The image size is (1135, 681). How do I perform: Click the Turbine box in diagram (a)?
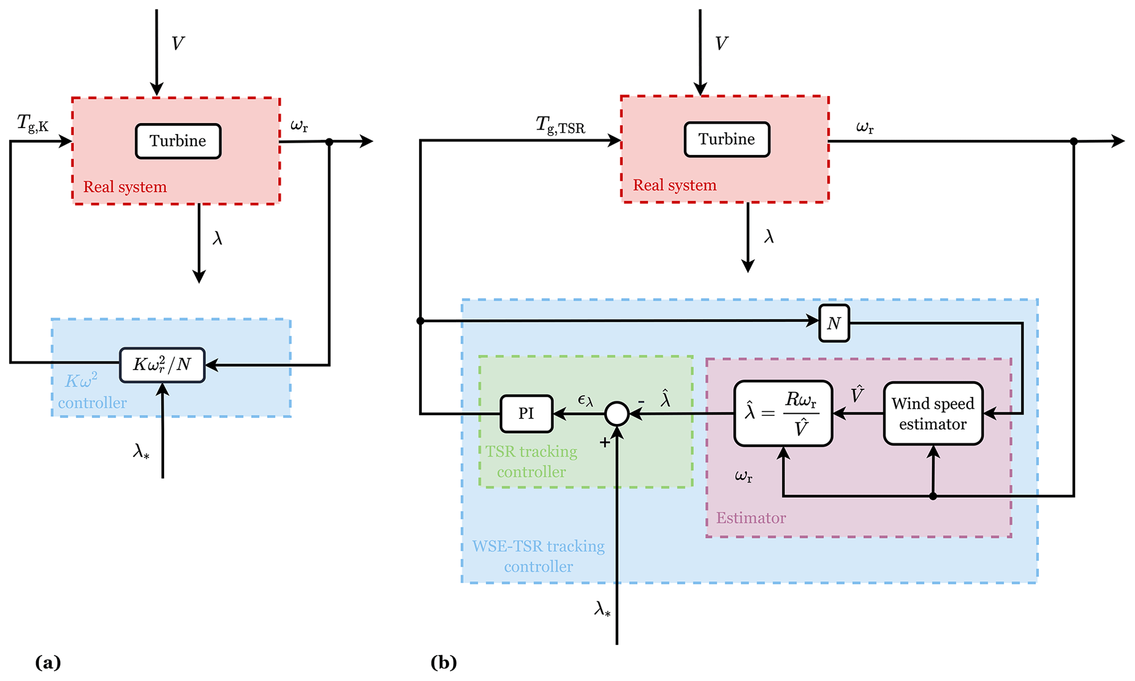point(178,141)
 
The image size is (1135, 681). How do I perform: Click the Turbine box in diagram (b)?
point(726,139)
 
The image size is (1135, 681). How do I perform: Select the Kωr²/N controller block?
point(162,365)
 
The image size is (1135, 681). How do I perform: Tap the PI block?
point(526,414)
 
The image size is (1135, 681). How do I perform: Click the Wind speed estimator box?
point(932,414)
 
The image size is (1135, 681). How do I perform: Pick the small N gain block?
point(834,323)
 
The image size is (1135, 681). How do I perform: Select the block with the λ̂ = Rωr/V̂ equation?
point(783,414)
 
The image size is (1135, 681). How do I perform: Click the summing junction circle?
point(617,414)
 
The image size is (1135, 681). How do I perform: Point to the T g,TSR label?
point(560,125)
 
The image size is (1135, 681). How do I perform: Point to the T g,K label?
point(32,123)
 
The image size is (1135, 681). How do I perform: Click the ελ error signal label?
point(585,400)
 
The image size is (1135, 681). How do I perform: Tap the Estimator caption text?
point(751,518)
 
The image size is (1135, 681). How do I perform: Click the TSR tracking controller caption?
point(531,461)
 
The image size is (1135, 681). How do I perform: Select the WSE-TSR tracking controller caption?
point(538,556)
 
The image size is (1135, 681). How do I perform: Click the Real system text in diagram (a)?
point(125,187)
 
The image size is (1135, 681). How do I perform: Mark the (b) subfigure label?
point(443,662)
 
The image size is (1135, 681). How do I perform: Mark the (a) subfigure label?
point(48,662)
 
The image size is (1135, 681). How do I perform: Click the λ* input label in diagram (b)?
point(602,609)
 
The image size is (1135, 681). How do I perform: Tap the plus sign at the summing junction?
point(605,442)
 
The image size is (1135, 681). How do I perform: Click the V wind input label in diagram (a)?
point(177,43)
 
